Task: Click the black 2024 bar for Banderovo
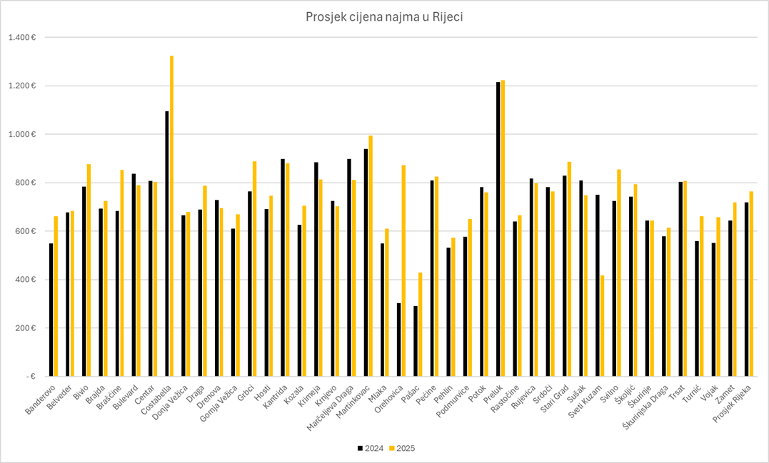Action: point(51,310)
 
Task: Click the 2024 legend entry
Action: point(371,449)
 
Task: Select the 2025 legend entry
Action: point(402,449)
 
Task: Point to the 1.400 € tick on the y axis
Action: point(22,37)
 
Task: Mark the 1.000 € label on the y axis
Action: point(22,134)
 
